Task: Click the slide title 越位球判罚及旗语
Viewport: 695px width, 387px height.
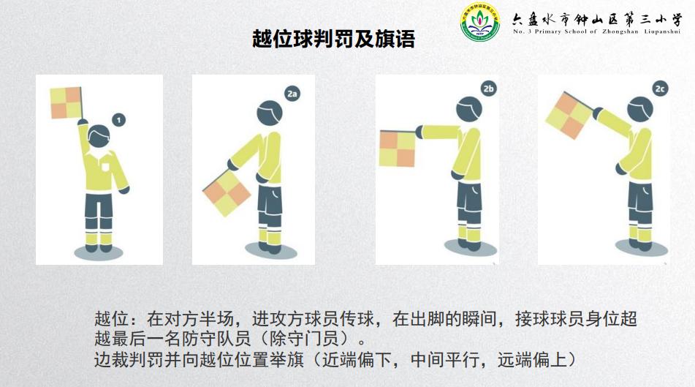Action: coord(333,40)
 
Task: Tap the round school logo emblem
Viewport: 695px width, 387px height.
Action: coord(479,23)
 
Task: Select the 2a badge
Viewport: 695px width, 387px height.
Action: coord(293,94)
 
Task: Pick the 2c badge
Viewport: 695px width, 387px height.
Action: coord(660,89)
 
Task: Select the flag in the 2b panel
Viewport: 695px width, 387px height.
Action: coord(397,148)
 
